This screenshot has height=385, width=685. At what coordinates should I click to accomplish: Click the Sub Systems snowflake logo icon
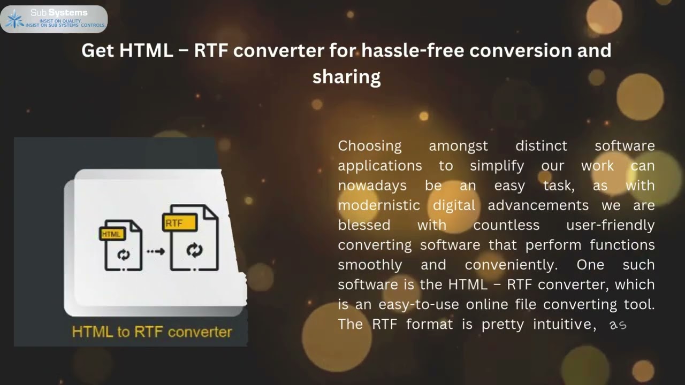14,20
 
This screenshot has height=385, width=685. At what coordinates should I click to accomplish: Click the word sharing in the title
346,76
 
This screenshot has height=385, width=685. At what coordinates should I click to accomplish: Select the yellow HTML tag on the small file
112,234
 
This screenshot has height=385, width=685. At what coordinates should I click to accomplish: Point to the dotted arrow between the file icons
156,251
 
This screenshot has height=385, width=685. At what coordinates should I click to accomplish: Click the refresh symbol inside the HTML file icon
124,255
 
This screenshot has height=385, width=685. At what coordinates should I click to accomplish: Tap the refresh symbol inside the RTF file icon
194,250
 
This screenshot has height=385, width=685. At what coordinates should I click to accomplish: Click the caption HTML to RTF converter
152,332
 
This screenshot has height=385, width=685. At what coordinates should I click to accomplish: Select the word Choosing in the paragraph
369,145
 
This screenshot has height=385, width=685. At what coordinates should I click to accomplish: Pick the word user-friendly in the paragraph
610,225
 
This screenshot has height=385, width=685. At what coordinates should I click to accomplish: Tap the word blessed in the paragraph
364,225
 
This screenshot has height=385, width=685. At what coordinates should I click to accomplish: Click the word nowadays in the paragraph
372,185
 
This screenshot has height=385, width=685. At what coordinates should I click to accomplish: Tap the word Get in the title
98,50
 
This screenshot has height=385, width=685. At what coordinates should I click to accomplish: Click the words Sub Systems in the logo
59,12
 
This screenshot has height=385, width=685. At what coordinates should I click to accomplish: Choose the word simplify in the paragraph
497,165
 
